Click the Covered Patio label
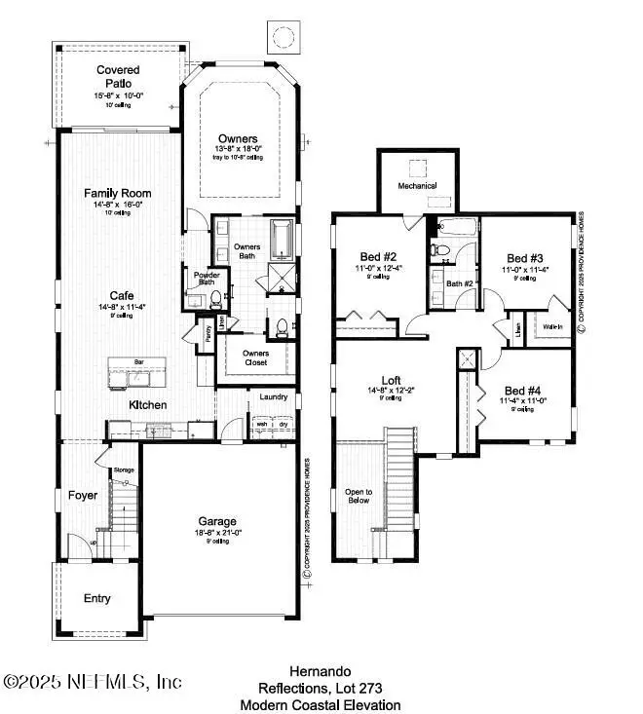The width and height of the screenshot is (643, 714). pyautogui.click(x=118, y=77)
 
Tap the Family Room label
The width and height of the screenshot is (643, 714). pyautogui.click(x=118, y=193)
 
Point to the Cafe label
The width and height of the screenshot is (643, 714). pyautogui.click(x=122, y=295)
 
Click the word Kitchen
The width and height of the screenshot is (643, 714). pyautogui.click(x=148, y=404)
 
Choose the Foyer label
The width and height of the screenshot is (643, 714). pyautogui.click(x=82, y=496)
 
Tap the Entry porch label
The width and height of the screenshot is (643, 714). pyautogui.click(x=96, y=598)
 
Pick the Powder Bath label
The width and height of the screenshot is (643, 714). pyautogui.click(x=205, y=280)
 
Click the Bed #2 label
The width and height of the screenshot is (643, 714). pyautogui.click(x=376, y=258)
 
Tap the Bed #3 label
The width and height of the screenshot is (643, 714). pyautogui.click(x=523, y=258)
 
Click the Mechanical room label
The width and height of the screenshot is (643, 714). pyautogui.click(x=417, y=185)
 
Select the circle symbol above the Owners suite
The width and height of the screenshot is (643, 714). pyautogui.click(x=284, y=38)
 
